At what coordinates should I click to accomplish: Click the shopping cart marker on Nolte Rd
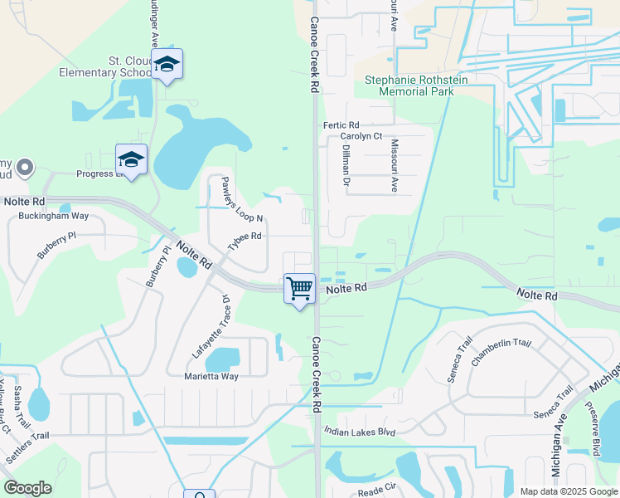299,289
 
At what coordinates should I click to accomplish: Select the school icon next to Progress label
131,159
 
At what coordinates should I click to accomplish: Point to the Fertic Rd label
340,125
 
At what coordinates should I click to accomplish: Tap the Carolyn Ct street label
361,136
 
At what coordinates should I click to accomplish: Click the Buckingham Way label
53,216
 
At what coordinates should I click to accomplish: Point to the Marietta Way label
211,376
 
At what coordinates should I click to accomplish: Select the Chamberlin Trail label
500,354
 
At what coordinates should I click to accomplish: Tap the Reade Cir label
379,491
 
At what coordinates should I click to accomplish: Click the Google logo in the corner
27,488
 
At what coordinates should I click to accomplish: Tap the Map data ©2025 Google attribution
568,491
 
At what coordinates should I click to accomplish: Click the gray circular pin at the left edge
25,168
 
